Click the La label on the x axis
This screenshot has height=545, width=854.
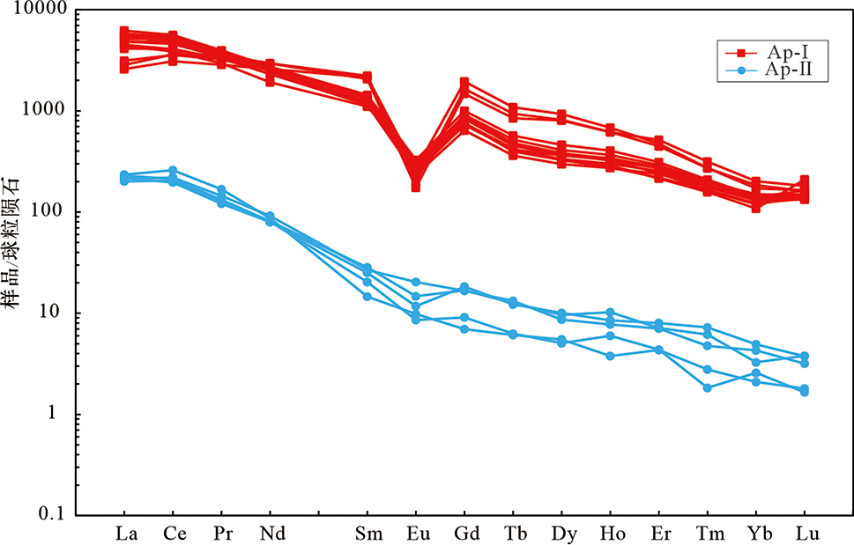point(124,534)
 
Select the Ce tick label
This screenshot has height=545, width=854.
point(173,534)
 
